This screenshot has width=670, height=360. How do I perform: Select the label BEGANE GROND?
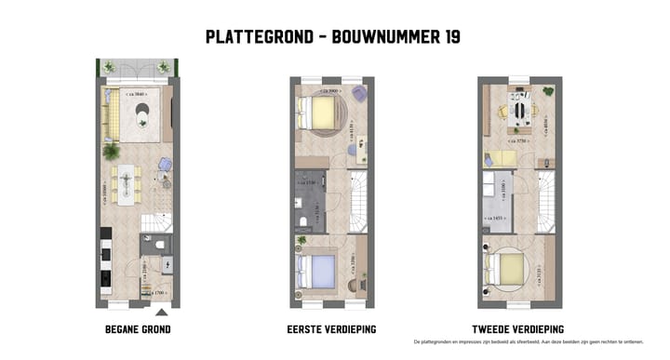point(138,329)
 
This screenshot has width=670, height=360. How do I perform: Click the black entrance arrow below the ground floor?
point(162,312)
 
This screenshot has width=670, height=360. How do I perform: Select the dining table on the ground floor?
point(125,183)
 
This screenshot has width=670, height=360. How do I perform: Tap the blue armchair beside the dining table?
point(164,165)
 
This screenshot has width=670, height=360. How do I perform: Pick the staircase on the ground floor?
point(156,222)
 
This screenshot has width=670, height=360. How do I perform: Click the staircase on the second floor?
point(544,199)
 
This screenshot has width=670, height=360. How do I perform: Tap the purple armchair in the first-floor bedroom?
point(358,91)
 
